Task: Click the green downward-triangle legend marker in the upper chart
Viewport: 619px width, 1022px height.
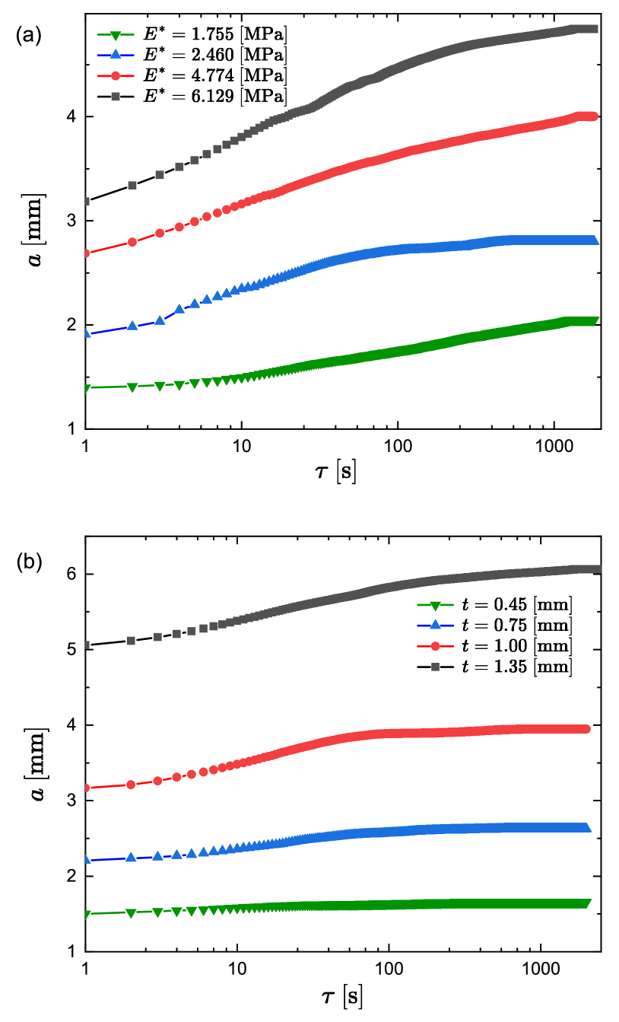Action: coord(116,35)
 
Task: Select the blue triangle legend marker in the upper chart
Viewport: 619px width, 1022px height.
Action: coord(116,55)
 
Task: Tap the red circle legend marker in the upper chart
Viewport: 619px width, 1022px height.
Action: coord(116,75)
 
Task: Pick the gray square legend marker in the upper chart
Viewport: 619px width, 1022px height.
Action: coord(116,97)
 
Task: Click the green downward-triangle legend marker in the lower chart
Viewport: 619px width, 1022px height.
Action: coord(435,606)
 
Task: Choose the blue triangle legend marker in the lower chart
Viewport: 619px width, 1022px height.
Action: coord(435,625)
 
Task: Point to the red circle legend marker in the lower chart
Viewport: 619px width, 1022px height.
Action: coord(435,646)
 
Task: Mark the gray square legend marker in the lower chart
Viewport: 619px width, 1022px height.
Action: coord(435,667)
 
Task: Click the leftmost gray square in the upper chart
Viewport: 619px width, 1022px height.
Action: coord(86,202)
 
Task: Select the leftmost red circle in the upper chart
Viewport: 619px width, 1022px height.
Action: coord(86,253)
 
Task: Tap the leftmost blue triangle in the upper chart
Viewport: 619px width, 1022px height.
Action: coord(86,333)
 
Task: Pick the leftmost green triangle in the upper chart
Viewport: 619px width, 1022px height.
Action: coord(86,389)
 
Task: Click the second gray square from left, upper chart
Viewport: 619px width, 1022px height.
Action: coord(132,185)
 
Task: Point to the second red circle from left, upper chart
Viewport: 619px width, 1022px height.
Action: coord(132,242)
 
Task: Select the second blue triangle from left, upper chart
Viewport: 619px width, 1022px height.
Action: coord(132,326)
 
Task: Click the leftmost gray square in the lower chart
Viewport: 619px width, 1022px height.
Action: coord(86,645)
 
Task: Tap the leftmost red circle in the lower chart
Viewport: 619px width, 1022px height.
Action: coord(86,788)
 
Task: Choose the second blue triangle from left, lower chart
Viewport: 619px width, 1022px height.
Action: coord(131,857)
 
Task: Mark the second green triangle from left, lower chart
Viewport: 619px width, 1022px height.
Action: coord(131,913)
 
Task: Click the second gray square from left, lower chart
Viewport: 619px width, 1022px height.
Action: coord(131,641)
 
